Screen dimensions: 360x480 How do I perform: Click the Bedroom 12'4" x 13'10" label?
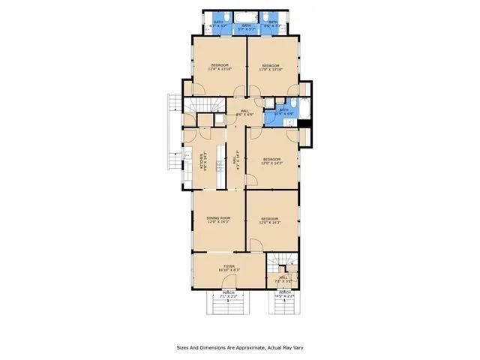219,67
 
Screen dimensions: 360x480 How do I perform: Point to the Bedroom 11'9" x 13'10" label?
271,67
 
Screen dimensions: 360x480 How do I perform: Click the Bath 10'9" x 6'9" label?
284,112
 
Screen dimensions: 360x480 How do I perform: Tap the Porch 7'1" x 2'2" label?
228,294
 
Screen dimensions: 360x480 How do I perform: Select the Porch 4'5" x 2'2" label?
284,294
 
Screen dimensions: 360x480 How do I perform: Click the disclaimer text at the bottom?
240,347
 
